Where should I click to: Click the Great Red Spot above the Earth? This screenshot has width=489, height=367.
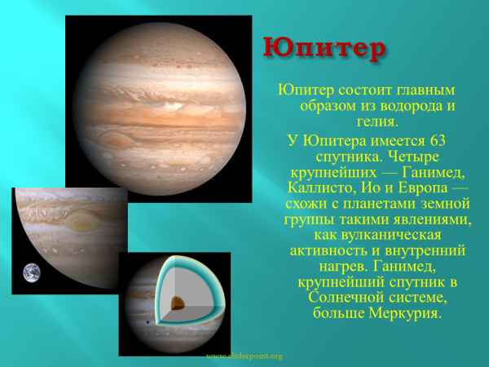pyautogui.click(x=81, y=220)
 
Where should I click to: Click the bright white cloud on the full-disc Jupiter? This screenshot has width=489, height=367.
pyautogui.click(x=173, y=104)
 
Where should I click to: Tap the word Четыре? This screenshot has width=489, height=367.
pyautogui.click(x=403, y=156)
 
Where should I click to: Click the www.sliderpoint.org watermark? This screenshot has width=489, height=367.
pyautogui.click(x=244, y=356)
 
